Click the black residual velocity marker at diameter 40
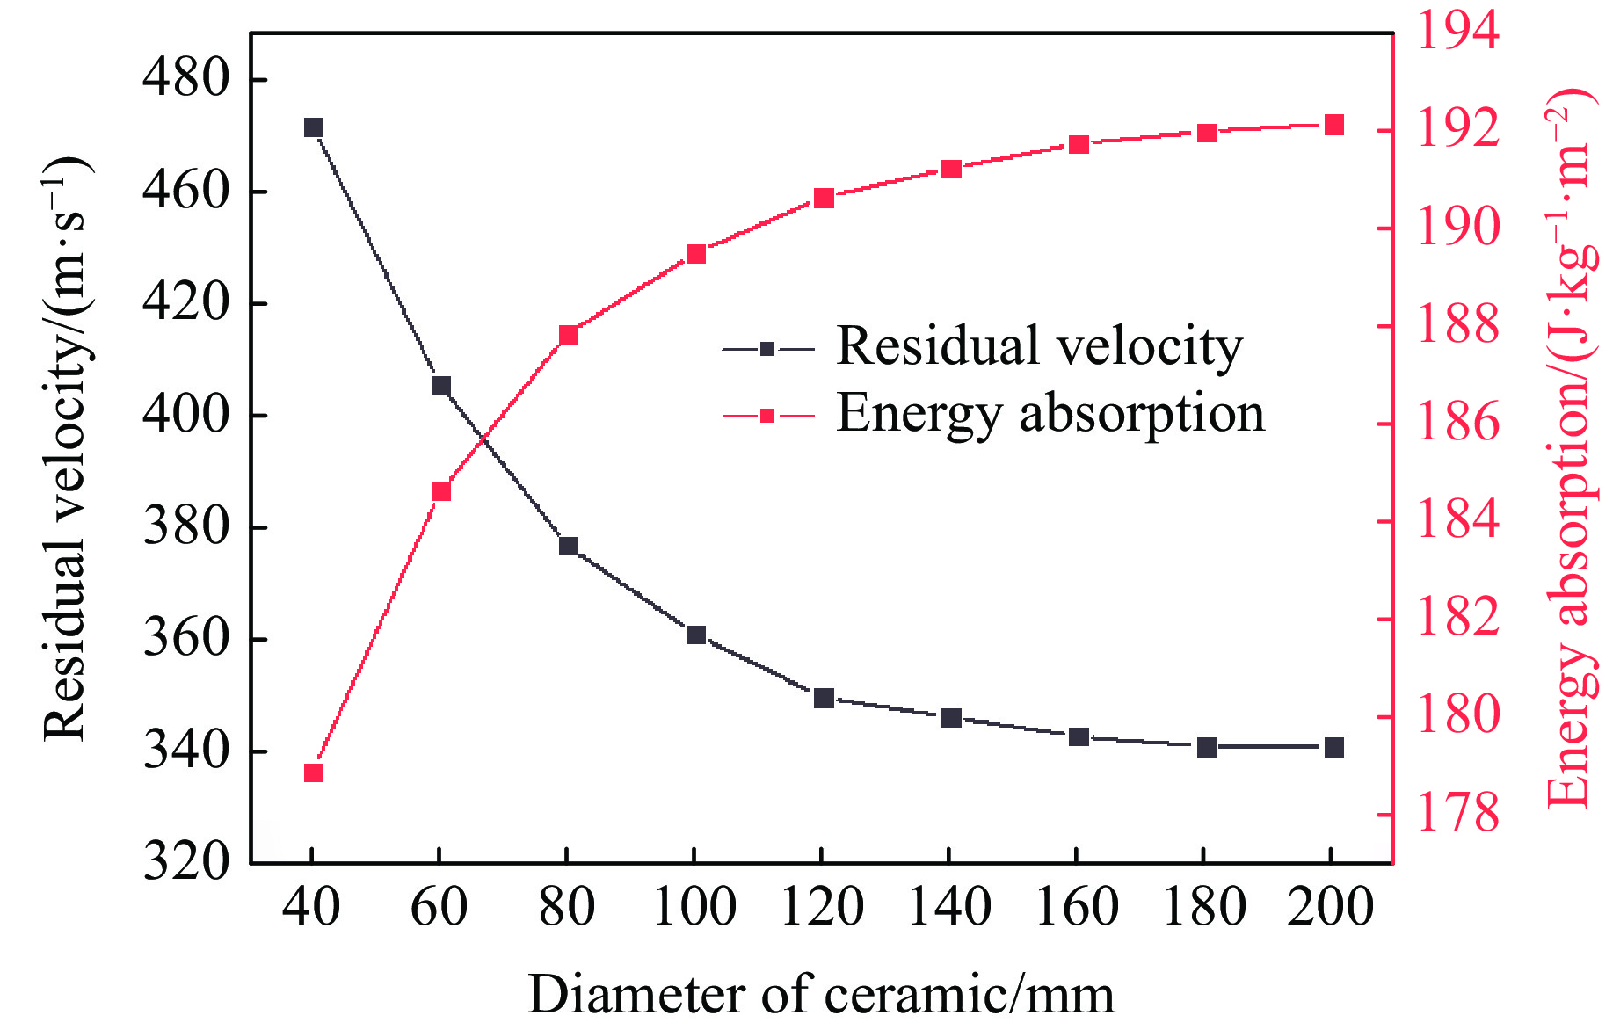click(x=314, y=128)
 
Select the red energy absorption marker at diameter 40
click(x=314, y=773)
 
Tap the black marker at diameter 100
click(x=696, y=635)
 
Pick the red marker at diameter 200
click(x=1334, y=125)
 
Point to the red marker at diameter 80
click(x=569, y=335)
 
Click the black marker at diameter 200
click(x=1334, y=748)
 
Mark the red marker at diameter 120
click(x=824, y=199)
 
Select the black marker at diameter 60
click(x=441, y=386)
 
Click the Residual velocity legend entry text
click(x=1039, y=345)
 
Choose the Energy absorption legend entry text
click(x=1050, y=413)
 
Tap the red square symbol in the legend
click(x=767, y=416)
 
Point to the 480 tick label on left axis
click(x=185, y=77)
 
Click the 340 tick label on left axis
click(x=185, y=751)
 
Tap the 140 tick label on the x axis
click(x=950, y=907)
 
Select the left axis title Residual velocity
click(x=66, y=448)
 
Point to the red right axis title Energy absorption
click(x=1570, y=448)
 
